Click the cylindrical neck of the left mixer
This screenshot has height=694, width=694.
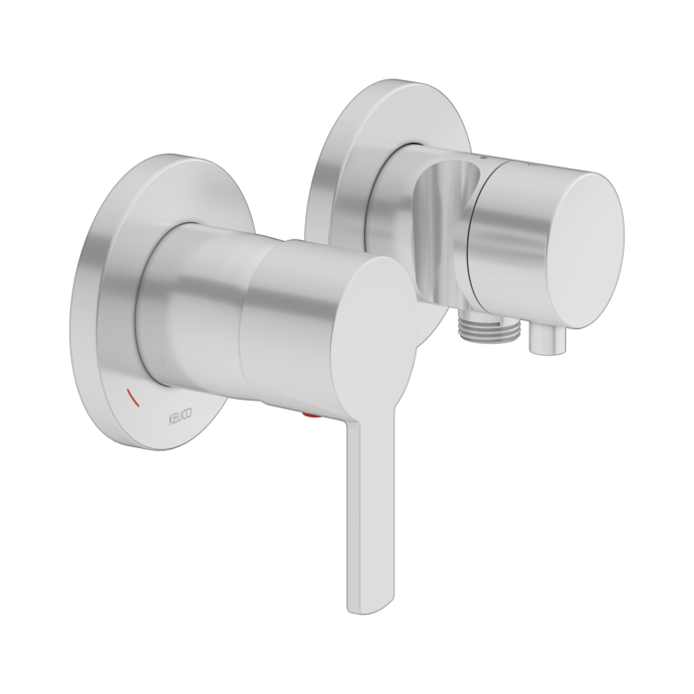(188, 297)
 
